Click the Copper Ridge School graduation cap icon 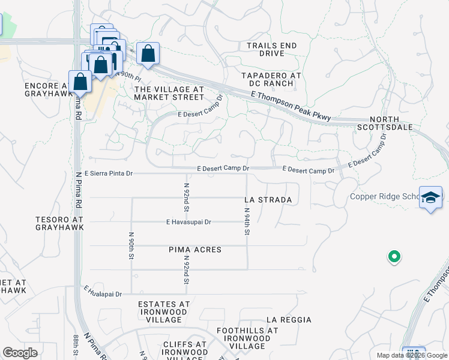[431, 199]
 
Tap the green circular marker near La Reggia [394, 257]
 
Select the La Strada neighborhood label [268, 200]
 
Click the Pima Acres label [195, 250]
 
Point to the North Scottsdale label [393, 124]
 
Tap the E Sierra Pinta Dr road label [108, 173]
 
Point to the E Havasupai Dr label [188, 222]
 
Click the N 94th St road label [247, 221]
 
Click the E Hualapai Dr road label [103, 293]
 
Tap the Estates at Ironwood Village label [164, 308]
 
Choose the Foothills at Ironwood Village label [247, 338]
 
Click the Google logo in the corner [20, 353]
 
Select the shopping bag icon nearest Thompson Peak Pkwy [148, 53]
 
